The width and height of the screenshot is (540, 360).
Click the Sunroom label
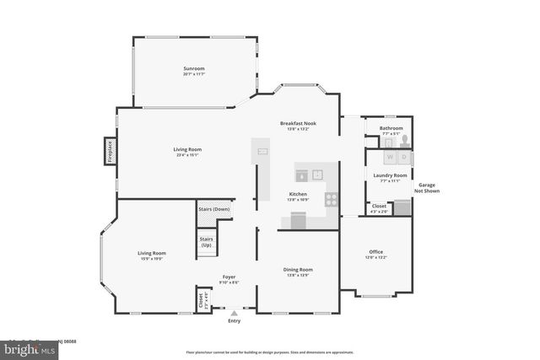click(x=194, y=68)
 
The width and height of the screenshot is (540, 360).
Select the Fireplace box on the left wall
click(x=110, y=151)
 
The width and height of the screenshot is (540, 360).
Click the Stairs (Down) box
click(x=213, y=209)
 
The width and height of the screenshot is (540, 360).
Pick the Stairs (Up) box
click(x=206, y=242)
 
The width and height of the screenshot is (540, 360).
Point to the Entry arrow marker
click(x=234, y=313)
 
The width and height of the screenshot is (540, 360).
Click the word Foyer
click(x=229, y=277)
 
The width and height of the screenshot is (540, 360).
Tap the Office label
click(x=375, y=252)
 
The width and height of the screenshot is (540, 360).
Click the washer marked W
click(x=390, y=157)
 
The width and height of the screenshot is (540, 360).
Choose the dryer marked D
click(x=404, y=157)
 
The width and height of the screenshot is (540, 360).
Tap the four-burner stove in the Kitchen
click(x=332, y=200)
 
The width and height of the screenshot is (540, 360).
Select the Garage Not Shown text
click(x=426, y=187)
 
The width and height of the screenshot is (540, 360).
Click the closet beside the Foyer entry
click(x=201, y=299)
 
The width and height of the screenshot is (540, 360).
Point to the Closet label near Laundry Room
click(x=379, y=206)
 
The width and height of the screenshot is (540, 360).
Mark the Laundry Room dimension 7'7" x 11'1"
click(x=390, y=180)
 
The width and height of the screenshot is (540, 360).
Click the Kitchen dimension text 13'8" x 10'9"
click(x=299, y=200)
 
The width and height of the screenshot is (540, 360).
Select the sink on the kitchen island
click(x=262, y=152)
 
